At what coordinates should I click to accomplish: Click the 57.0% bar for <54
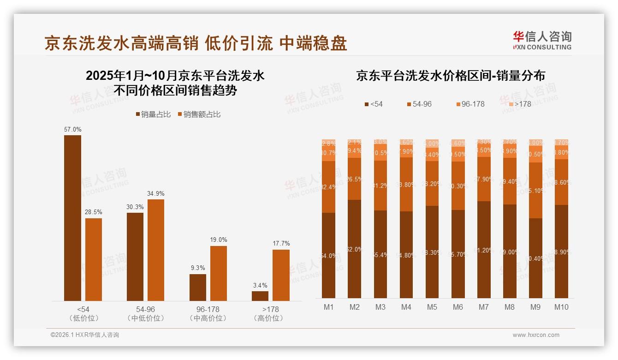coord(72,218)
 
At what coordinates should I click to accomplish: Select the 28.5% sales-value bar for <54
coord(94,259)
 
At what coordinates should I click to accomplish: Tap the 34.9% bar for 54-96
coord(156,250)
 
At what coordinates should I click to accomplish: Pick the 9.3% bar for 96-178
coord(198,287)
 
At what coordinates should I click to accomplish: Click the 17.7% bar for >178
coord(281,275)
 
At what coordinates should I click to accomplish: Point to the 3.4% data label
coord(260,285)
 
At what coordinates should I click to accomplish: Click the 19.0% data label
coord(219,240)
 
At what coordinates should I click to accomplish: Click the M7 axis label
coord(483,307)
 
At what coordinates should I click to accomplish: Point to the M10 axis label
coord(561,307)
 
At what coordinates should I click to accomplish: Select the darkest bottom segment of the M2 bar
coord(355,249)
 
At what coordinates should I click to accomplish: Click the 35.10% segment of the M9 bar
coord(535,190)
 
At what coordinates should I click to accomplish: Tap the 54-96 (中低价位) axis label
coord(145,313)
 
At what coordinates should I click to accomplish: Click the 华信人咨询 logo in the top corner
coord(542,40)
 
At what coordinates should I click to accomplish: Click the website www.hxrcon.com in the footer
coord(535,335)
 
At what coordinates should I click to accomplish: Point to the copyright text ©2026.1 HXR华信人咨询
coord(85,335)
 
